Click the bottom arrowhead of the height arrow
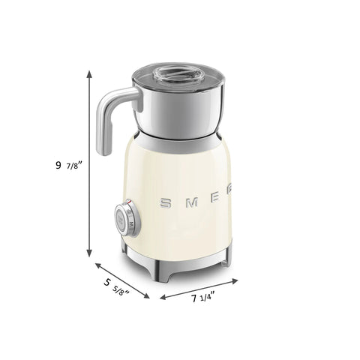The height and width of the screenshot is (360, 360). click(x=90, y=257)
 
